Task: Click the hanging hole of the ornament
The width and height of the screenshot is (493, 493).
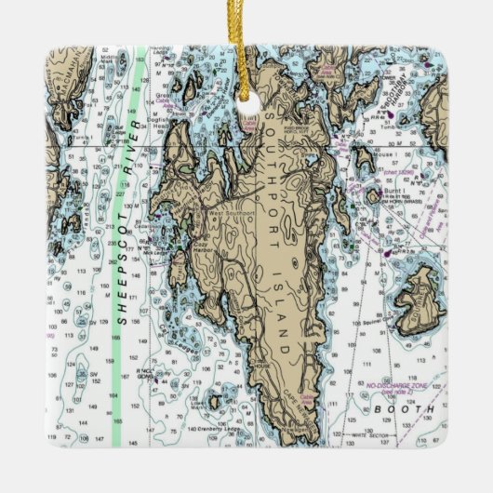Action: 248,108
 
